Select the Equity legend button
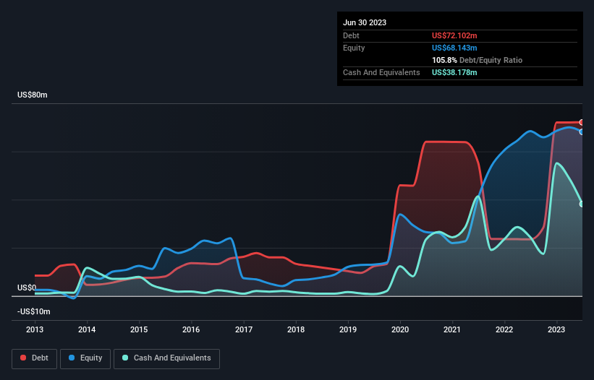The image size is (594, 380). pyautogui.click(x=85, y=358)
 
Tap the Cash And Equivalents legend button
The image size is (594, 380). pyautogui.click(x=166, y=358)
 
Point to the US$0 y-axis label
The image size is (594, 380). pyautogui.click(x=27, y=288)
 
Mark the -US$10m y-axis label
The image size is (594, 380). pyautogui.click(x=34, y=311)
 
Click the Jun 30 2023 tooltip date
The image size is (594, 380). pyautogui.click(x=365, y=22)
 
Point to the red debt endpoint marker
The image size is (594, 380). pyautogui.click(x=582, y=122)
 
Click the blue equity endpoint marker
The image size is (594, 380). pyautogui.click(x=582, y=131)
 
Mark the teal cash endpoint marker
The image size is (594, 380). pyautogui.click(x=582, y=204)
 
